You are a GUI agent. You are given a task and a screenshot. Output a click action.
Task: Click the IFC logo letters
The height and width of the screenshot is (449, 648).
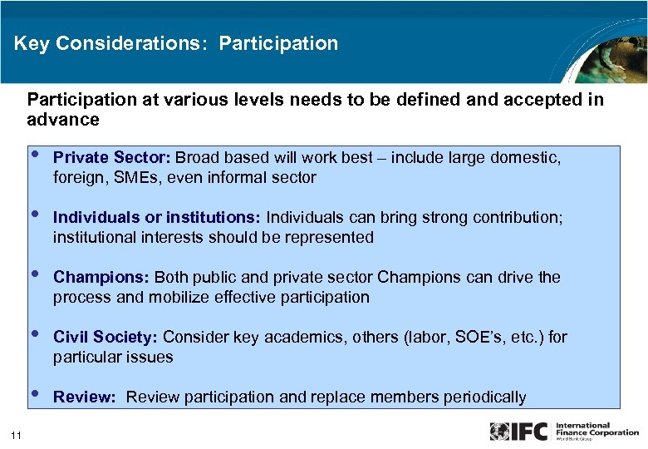pos(529,432)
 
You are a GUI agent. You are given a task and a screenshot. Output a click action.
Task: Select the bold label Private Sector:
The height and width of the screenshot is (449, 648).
pos(112,157)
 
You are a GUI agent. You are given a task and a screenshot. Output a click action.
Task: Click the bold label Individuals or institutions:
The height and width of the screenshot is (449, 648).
pos(157,217)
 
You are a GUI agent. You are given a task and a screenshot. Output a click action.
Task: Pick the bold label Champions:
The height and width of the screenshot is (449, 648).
pos(101,277)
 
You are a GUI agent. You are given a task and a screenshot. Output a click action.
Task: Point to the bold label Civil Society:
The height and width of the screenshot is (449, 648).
pos(106,337)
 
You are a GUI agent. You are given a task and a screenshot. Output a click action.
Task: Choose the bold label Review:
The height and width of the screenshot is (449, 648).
pos(84,397)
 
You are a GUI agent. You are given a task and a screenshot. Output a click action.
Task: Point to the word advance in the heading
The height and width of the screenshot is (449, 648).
pos(63,119)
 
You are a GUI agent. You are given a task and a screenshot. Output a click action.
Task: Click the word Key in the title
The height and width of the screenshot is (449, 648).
pos(31,43)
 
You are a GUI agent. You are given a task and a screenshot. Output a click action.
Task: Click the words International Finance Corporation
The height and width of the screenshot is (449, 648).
pos(597,429)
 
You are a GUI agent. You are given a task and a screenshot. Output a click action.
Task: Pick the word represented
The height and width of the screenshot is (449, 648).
pos(329,237)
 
